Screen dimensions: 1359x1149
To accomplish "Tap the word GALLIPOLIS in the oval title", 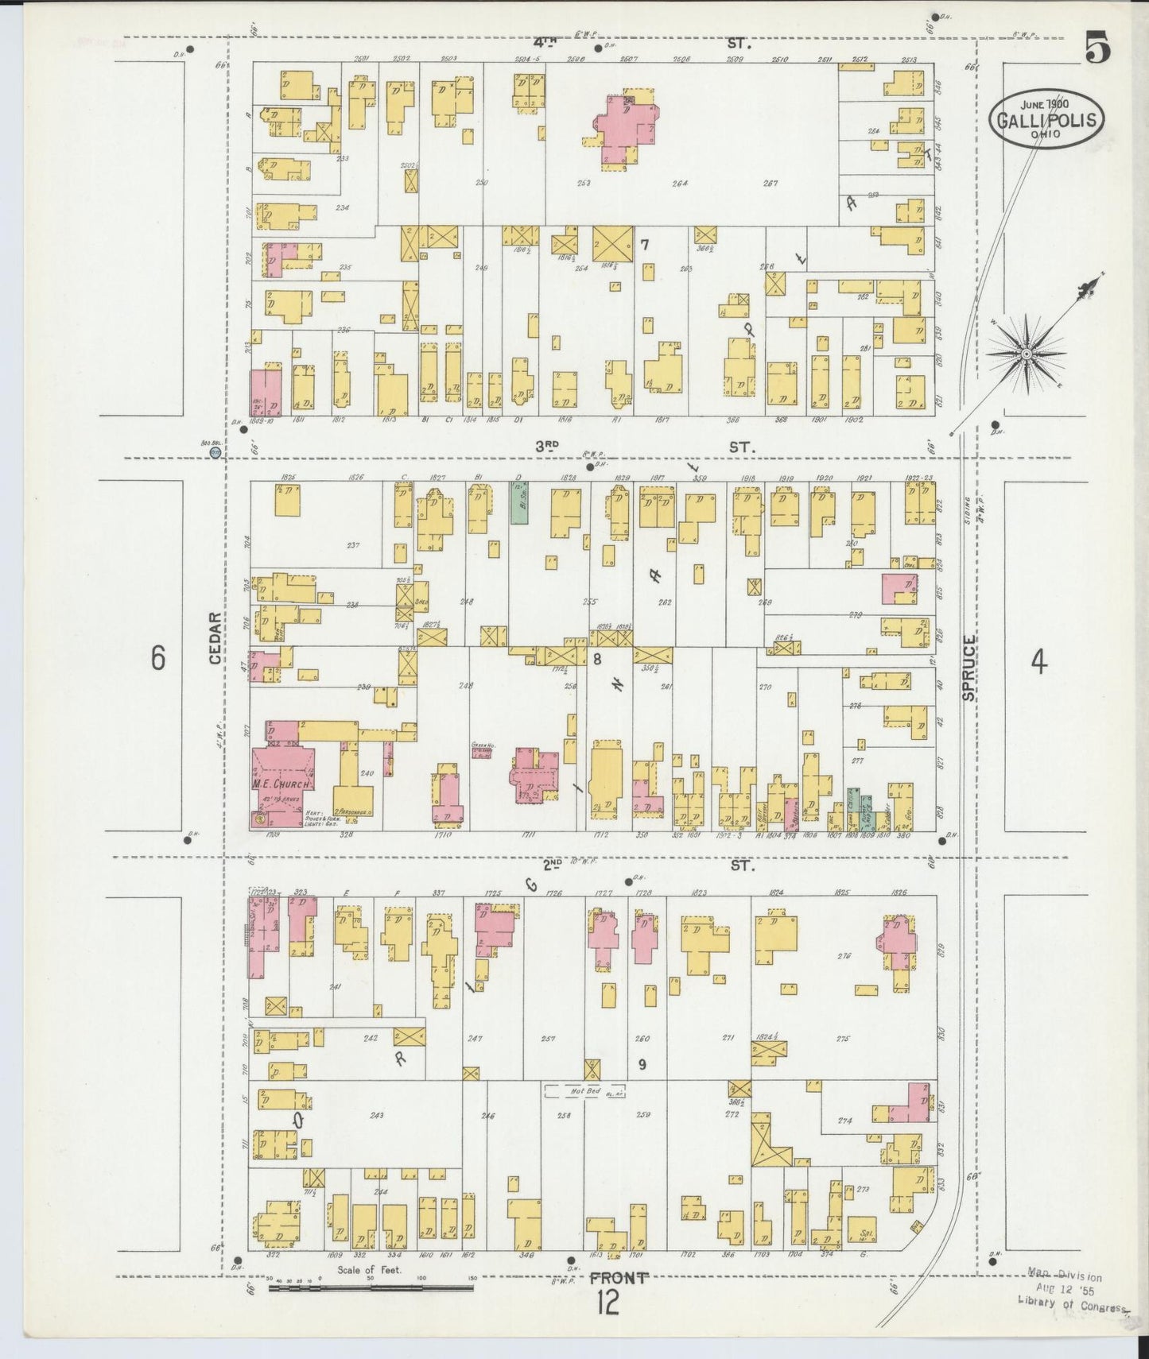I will pyautogui.click(x=1046, y=120).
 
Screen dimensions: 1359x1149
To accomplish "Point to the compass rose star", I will pyautogui.click(x=1027, y=353).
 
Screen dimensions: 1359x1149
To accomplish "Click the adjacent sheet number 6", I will pyautogui.click(x=158, y=658).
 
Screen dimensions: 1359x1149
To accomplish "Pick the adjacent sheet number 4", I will pyautogui.click(x=1038, y=661).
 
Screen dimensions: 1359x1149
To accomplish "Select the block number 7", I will pyautogui.click(x=645, y=246).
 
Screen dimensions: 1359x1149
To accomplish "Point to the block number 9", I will pyautogui.click(x=642, y=1063).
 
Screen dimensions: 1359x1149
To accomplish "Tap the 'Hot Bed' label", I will pyautogui.click(x=584, y=1092).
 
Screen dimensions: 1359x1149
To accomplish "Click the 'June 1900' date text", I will pyautogui.click(x=1046, y=103).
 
